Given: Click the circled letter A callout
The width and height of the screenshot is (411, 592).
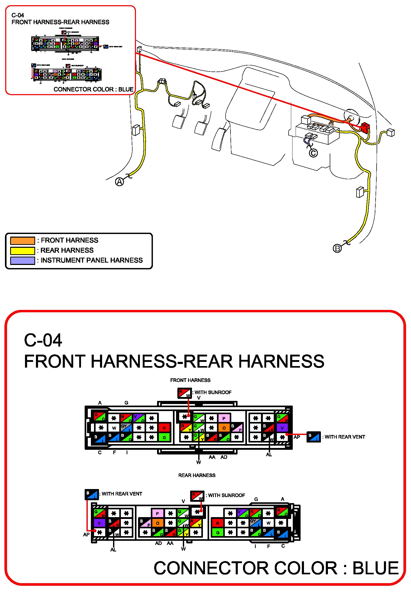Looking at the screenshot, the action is coord(120,182).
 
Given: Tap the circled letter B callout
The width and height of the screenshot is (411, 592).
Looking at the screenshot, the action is coord(337,249).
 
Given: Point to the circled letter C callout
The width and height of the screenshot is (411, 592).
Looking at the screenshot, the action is coord(313,153).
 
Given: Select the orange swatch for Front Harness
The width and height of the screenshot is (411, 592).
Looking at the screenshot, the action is coord(22,240).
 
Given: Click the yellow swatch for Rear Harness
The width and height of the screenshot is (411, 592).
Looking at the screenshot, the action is coord(22,251).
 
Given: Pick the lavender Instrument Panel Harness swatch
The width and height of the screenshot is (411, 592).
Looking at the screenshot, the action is coord(22,261).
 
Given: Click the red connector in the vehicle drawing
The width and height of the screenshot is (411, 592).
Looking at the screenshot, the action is coord(365,127).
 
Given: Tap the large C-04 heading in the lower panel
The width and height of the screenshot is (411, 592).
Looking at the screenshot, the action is coord(43,340).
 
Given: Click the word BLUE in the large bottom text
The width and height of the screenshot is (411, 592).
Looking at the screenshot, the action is coord(375,568).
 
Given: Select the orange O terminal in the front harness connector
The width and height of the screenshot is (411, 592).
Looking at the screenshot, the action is coord(224,428).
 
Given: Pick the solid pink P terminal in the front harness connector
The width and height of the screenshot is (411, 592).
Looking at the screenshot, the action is coord(224,418).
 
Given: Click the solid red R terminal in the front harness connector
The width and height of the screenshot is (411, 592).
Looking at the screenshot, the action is coord(164,428).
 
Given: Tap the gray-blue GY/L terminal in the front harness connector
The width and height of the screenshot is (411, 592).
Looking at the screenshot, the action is coord(127,428).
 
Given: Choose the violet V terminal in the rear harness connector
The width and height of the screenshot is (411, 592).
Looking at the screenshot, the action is coord(99,523).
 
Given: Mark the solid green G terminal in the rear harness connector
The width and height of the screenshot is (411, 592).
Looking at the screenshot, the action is coord(218,532).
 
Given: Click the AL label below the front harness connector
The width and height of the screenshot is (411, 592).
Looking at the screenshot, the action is coord(269,454).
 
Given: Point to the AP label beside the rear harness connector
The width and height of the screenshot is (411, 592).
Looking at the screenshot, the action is coord(86,535).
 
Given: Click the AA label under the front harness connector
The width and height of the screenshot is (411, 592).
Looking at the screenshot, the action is coord(212,457).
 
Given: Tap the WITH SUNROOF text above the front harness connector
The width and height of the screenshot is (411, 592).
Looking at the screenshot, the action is coord(213,392).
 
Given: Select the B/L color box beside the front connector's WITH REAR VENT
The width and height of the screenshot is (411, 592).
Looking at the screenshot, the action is coord(313,437).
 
